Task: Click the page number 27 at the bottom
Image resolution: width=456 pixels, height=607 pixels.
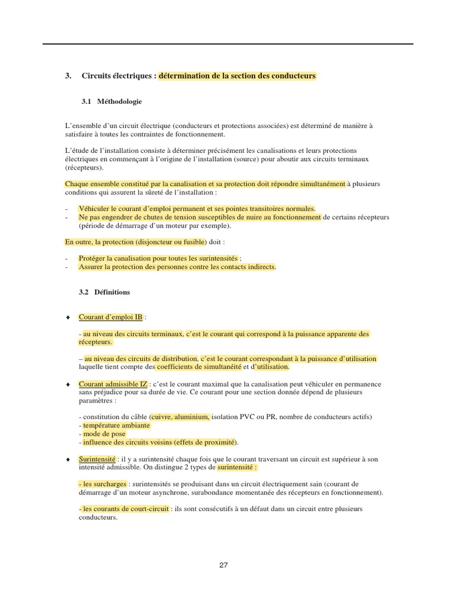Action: coord(223,565)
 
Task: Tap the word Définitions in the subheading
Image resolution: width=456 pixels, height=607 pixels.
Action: coord(112,292)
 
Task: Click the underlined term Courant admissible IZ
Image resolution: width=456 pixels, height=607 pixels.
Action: coord(113,384)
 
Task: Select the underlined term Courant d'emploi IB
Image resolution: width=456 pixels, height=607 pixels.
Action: coord(110,317)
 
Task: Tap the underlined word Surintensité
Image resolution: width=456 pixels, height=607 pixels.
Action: coord(97,459)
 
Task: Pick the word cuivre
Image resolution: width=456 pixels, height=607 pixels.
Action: coord(162,417)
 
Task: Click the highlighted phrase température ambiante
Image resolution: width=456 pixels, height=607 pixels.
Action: coord(116,426)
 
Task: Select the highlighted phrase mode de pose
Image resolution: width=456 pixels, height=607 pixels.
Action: coord(102,434)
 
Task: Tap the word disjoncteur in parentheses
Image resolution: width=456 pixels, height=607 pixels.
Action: coord(157,242)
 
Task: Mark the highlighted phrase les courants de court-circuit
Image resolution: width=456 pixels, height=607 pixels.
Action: coord(125,509)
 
